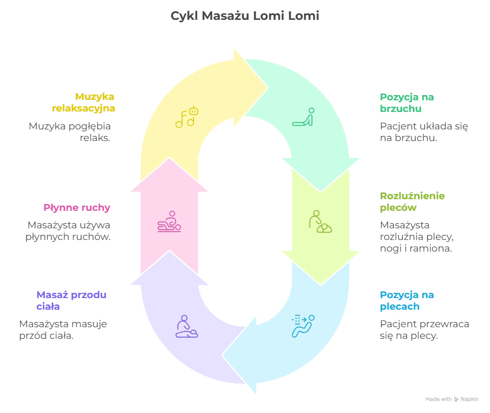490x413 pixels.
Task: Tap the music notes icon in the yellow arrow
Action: point(187,117)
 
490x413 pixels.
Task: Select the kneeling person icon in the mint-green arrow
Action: point(304,117)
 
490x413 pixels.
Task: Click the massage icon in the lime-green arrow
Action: point(320,222)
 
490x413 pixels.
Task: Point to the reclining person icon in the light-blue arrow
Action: point(303,326)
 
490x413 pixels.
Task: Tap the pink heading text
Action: point(78,208)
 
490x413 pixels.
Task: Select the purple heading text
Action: point(71,300)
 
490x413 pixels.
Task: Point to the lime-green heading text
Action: point(412,202)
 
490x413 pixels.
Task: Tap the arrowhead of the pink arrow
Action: point(169,162)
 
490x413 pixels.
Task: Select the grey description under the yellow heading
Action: point(70,133)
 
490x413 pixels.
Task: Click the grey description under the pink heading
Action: point(68,231)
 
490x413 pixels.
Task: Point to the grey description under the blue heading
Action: point(423,331)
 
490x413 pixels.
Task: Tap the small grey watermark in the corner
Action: point(451,399)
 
